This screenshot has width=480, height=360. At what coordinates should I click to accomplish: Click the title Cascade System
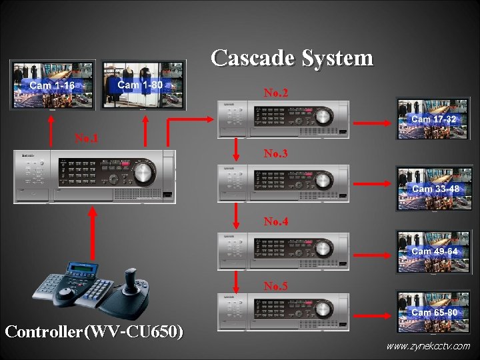tap(292, 58)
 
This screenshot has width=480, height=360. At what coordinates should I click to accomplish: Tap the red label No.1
tap(86, 139)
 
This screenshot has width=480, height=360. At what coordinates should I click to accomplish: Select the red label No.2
tap(275, 93)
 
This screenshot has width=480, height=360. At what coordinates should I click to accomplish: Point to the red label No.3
tap(275, 154)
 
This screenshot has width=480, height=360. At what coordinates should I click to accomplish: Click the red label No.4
tap(275, 221)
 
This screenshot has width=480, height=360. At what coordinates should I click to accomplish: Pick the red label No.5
tap(275, 287)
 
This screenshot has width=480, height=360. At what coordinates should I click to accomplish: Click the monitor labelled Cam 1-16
tap(52, 84)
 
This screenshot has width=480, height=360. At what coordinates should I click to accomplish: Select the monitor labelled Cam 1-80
tap(143, 84)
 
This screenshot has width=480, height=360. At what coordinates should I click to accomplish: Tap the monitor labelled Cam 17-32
tap(433, 118)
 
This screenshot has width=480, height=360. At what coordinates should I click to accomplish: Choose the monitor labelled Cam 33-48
tap(433, 188)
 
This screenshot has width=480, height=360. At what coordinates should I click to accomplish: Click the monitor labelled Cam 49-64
tap(433, 251)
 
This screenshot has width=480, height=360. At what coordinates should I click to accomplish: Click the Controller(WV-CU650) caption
tap(94, 331)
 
